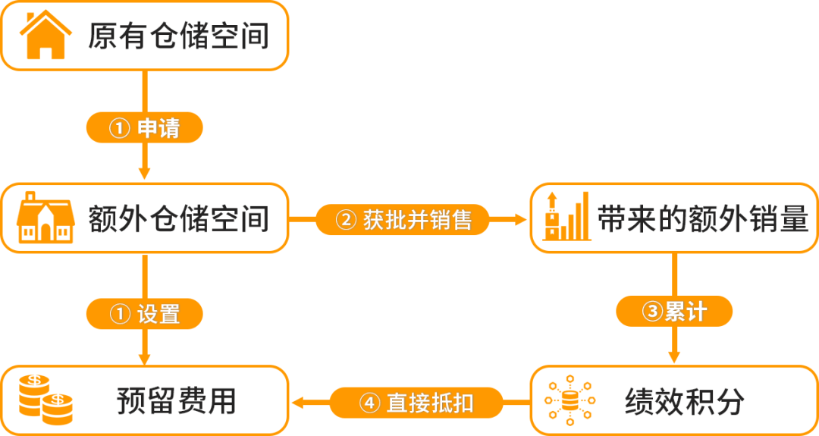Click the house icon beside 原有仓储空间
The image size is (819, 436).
pos(45,36)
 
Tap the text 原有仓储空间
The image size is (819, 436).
pos(179,36)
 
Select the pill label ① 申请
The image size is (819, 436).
pos(144,128)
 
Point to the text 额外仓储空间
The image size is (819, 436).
pos(179,218)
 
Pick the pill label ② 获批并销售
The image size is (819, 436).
pos(403,220)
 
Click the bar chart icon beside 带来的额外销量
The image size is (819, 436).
pos(566,216)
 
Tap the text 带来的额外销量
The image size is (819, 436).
pos(702,218)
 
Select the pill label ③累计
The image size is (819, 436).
pos(674,312)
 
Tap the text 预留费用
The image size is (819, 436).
pos(177,401)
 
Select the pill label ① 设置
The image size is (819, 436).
pos(144,312)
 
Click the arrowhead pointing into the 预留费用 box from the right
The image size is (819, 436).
pos(298,402)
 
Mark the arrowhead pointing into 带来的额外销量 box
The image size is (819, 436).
pos(521,220)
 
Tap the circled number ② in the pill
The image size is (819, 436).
pos(345,220)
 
